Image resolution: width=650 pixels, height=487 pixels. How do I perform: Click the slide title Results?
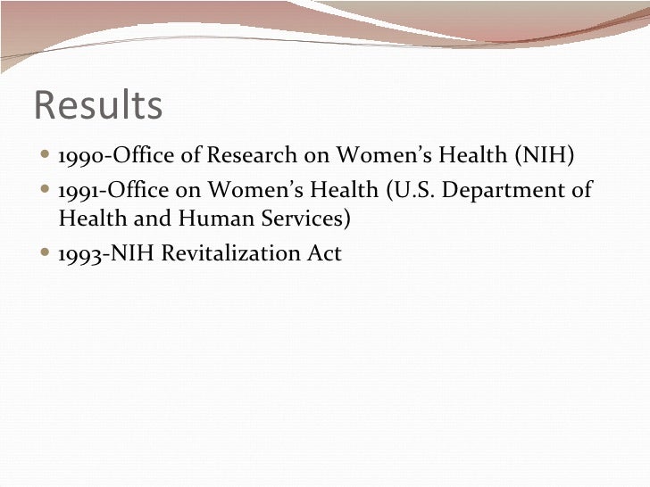(x=98, y=105)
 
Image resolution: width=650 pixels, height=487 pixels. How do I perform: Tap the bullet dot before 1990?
(x=46, y=158)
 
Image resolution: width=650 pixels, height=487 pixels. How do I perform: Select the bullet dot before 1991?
(x=46, y=190)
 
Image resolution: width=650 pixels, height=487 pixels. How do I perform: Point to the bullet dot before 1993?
(x=46, y=254)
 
